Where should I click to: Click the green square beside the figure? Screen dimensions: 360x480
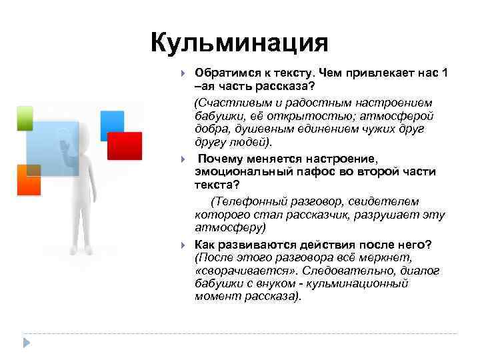pyautogui.click(x=24, y=117)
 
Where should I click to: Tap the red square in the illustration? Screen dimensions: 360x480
pyautogui.click(x=125, y=146)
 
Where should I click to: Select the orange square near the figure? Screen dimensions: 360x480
pyautogui.click(x=29, y=179)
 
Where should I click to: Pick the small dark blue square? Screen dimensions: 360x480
pyautogui.click(x=112, y=122)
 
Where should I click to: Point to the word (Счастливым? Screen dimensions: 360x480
pyautogui.click(x=228, y=103)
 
